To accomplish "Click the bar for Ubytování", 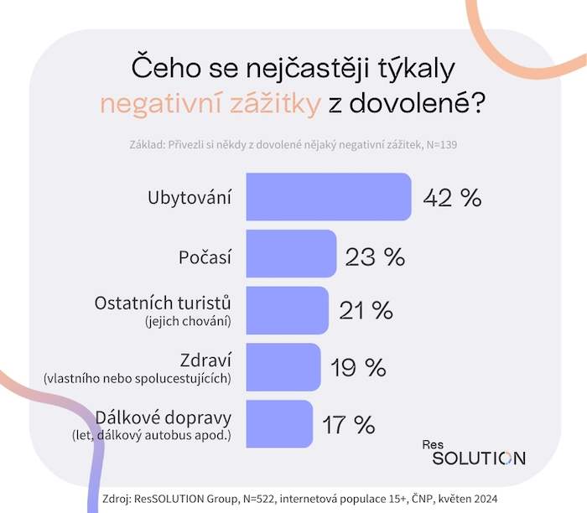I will [328, 197].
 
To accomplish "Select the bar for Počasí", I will [291, 254].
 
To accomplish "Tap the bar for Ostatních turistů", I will [287, 310].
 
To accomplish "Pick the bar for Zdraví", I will [283, 367].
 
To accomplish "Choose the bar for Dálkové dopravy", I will [279, 423].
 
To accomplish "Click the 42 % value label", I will [452, 198].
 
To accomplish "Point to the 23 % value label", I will [375, 255].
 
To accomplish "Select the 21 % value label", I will [366, 311].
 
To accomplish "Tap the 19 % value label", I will [358, 367].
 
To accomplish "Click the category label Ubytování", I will [190, 198].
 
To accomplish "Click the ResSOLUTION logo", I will [473, 452].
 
